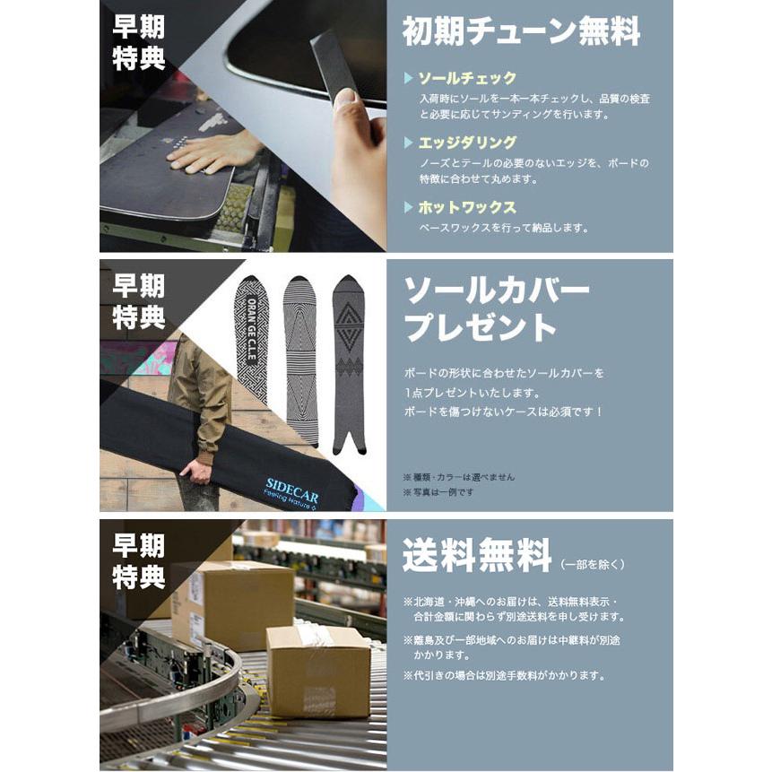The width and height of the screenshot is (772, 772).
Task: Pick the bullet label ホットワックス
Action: click(x=466, y=207)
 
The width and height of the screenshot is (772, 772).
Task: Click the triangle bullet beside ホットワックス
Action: click(x=409, y=207)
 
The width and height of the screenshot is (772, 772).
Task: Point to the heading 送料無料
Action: click(x=477, y=556)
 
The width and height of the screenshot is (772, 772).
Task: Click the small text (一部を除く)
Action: click(x=592, y=564)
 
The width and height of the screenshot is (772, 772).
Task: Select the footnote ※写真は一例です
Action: click(x=438, y=491)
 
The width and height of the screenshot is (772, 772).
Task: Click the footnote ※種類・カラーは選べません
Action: click(x=458, y=477)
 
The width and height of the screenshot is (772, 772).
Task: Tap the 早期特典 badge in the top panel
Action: click(x=138, y=42)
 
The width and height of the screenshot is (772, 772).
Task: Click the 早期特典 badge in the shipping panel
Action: click(x=138, y=561)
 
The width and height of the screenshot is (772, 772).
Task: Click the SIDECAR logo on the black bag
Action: click(x=292, y=485)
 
